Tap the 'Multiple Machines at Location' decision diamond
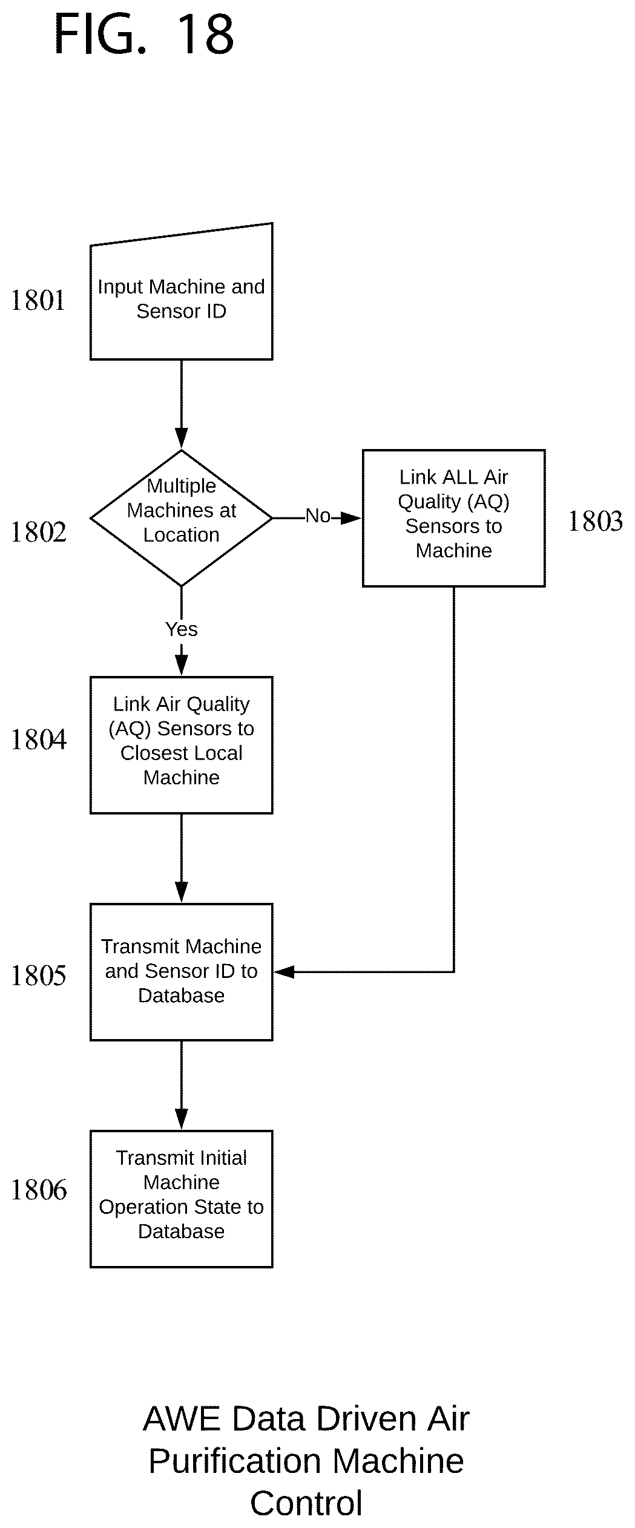click(x=182, y=518)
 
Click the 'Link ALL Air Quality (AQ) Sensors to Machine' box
click(x=454, y=518)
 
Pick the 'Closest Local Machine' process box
click(x=182, y=745)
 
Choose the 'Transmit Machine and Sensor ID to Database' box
click(x=182, y=972)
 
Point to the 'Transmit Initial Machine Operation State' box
click(x=182, y=1199)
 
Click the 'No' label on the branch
click(x=318, y=516)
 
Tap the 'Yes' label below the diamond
click(x=182, y=629)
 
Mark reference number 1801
click(x=38, y=300)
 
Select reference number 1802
click(x=38, y=533)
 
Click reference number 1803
click(x=595, y=521)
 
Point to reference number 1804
click(x=38, y=739)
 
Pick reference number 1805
click(x=38, y=975)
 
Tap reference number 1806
click(x=38, y=1190)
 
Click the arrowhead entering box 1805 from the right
click(x=283, y=972)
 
